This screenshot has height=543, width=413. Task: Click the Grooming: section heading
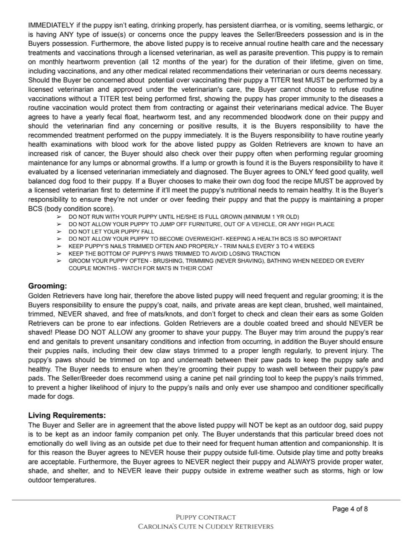(x=47, y=286)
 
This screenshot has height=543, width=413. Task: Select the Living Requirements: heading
(x=67, y=416)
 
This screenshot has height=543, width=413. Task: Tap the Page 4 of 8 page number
(x=350, y=509)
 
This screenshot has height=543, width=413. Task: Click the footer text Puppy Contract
(x=206, y=517)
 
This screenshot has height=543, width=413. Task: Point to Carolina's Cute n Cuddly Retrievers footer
(x=206, y=527)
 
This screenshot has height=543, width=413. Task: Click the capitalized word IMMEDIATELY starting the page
(x=51, y=25)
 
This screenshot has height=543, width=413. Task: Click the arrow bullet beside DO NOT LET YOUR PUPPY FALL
(x=59, y=231)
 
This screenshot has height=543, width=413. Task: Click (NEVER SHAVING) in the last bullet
(x=239, y=261)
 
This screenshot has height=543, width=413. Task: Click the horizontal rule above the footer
(x=206, y=500)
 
